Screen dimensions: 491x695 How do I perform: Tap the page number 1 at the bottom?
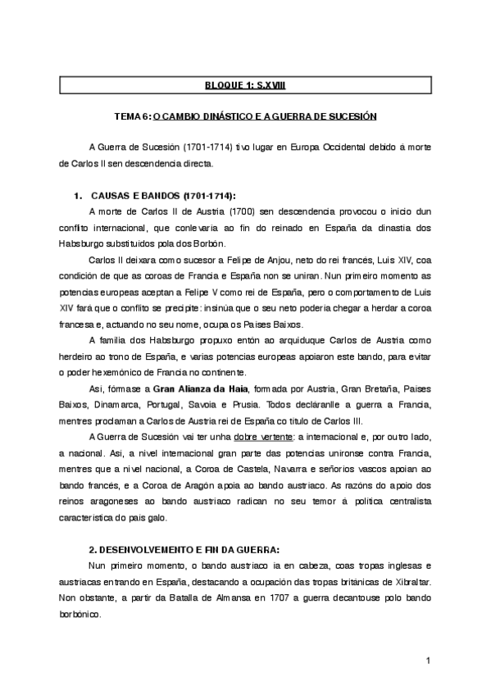428,661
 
